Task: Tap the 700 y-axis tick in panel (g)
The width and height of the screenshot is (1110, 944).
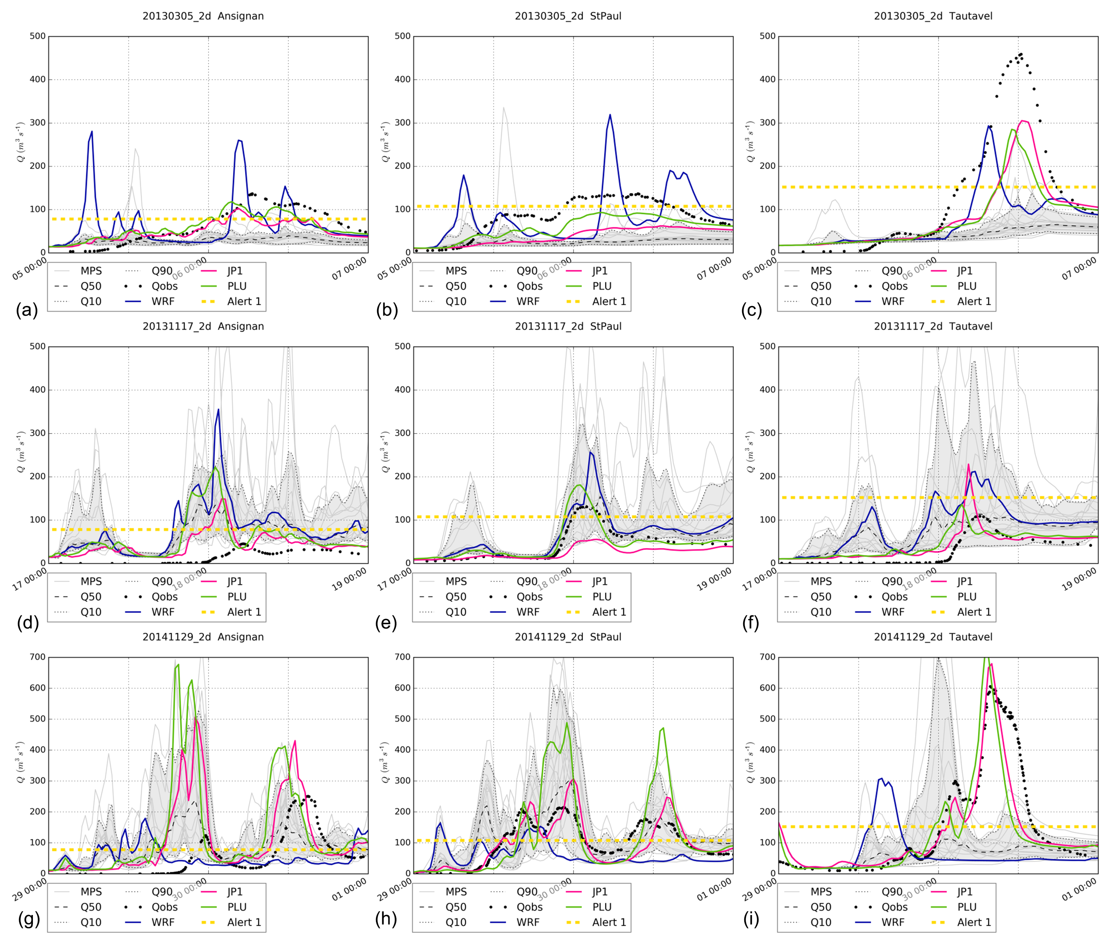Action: click(x=37, y=657)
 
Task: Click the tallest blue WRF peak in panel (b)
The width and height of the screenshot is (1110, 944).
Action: click(x=610, y=115)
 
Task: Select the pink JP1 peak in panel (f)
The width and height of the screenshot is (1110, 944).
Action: click(x=968, y=465)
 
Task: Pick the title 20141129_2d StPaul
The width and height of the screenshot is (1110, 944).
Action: click(x=568, y=637)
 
